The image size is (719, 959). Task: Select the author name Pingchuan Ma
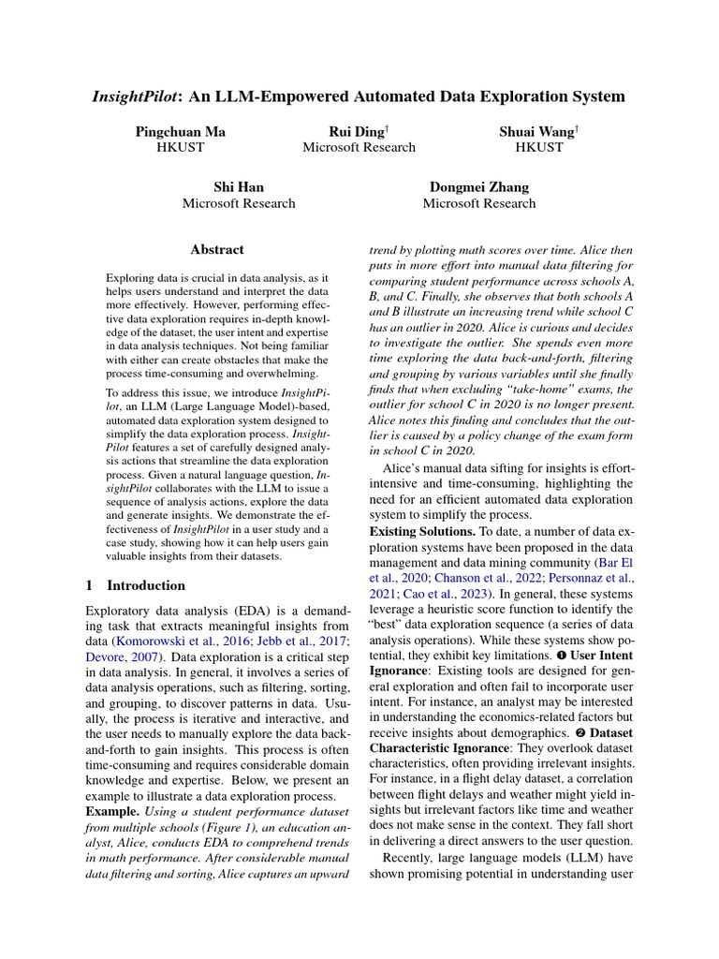[181, 132]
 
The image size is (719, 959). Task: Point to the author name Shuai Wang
[537, 132]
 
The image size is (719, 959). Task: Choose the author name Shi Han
[239, 187]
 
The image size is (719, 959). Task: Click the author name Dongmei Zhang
[478, 187]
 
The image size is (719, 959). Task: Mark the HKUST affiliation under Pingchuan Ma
[181, 148]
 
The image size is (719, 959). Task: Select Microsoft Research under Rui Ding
[359, 148]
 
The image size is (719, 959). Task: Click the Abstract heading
[216, 250]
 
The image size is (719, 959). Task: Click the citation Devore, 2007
[110, 658]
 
